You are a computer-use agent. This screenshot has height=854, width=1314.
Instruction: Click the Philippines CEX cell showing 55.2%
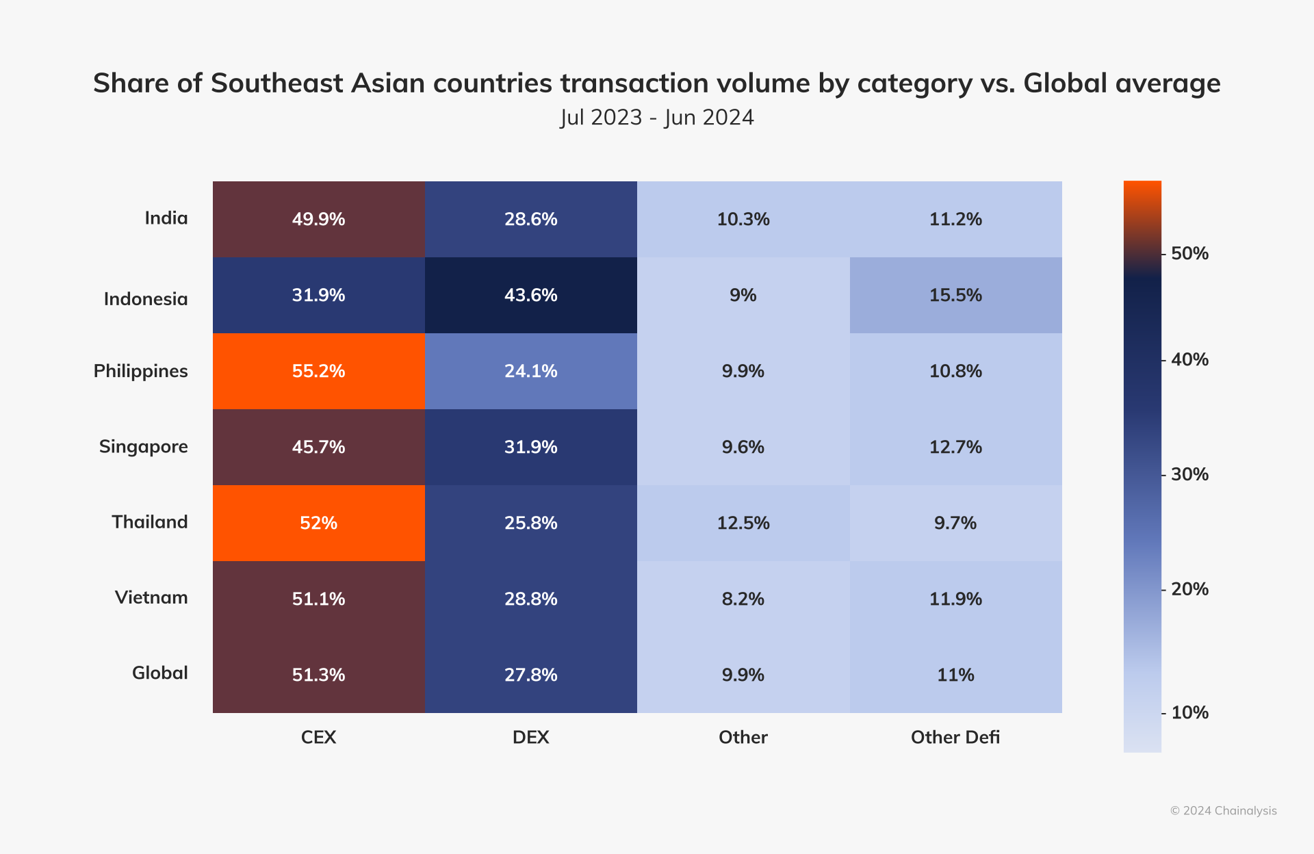[318, 371]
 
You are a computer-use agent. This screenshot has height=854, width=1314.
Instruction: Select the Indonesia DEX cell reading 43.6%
[530, 295]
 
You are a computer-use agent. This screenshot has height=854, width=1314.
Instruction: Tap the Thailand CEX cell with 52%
[318, 523]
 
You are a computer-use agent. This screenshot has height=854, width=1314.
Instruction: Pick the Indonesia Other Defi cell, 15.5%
[955, 295]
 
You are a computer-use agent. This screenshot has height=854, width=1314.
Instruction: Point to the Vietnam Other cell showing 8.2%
[743, 599]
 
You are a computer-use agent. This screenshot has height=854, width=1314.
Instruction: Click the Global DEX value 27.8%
[530, 675]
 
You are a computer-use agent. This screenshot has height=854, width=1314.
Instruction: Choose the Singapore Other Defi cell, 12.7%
[955, 447]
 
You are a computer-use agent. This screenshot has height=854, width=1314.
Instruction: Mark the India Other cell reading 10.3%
[743, 219]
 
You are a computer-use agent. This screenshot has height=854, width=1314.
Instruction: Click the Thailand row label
[149, 522]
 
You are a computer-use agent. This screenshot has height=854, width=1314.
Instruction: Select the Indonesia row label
[145, 299]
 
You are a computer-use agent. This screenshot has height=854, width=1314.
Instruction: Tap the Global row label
[159, 673]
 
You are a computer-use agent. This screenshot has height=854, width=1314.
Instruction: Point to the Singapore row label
[143, 447]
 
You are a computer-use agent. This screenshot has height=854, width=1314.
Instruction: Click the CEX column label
[318, 737]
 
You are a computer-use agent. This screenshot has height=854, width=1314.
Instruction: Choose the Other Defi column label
[955, 737]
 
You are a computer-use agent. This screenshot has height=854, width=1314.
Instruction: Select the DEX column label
[530, 737]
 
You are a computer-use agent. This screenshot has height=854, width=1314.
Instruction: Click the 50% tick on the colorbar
[1189, 254]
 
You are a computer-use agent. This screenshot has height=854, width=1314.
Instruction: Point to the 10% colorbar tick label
[1189, 713]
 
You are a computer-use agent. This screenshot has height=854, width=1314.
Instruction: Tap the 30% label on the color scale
[1189, 474]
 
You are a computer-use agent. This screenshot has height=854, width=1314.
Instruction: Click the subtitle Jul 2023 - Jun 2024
[656, 118]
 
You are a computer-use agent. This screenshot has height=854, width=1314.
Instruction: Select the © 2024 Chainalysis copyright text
[1223, 811]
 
